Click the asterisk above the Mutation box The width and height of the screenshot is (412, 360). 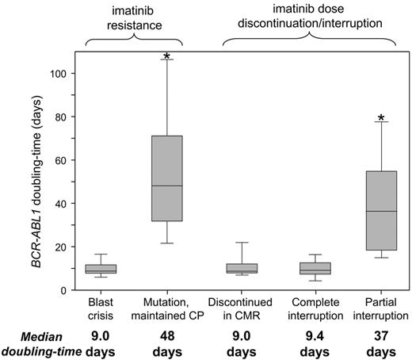point(166,56)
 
